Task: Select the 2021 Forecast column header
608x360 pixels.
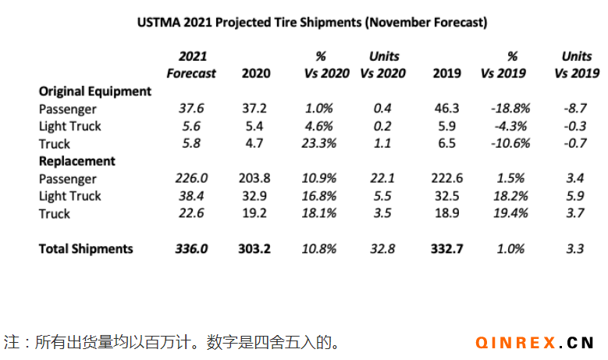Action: (191, 65)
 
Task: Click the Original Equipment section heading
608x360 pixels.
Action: (95, 91)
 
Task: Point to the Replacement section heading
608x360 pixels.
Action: (77, 161)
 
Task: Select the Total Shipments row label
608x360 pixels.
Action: (86, 249)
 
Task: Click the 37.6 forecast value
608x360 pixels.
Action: (191, 109)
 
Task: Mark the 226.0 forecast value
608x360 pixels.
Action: (191, 179)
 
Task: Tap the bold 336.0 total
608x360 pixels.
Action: (191, 249)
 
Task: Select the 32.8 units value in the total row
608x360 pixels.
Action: (382, 249)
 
